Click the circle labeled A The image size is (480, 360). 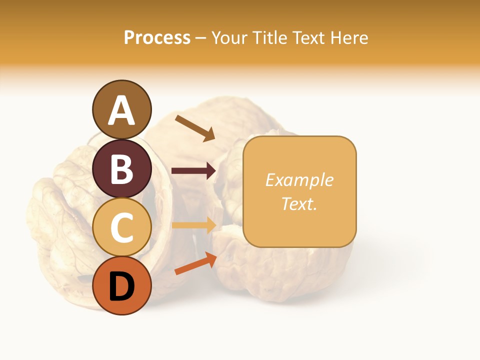[x=122, y=109]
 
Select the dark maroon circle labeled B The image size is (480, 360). [x=122, y=168]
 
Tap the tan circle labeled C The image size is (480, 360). [x=122, y=227]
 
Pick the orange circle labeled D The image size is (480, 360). [x=122, y=285]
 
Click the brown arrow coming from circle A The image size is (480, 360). [x=195, y=127]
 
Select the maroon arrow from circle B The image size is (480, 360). [x=193, y=171]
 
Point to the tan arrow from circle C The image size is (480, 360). [x=193, y=225]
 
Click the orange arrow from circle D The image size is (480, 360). [x=195, y=263]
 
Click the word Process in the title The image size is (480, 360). [x=157, y=38]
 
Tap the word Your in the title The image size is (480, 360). [x=230, y=38]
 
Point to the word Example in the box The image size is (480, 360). [x=299, y=180]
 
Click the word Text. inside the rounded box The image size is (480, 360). [x=299, y=203]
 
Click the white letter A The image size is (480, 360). [x=122, y=110]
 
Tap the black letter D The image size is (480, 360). [x=122, y=286]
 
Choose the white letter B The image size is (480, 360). [x=122, y=169]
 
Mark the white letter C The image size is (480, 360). [x=122, y=227]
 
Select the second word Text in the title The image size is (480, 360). [x=310, y=38]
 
